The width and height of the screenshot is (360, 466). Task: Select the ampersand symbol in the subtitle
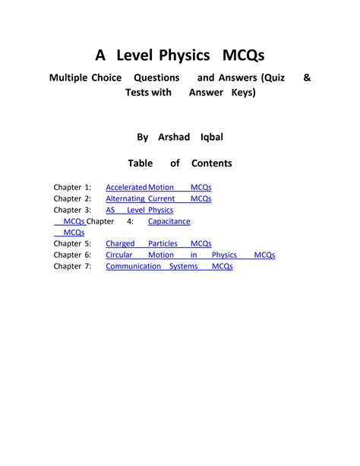click(306, 78)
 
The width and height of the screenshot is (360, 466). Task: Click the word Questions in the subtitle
click(156, 78)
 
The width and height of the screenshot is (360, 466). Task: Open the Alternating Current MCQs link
click(158, 198)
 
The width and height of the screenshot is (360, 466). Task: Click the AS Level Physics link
click(139, 210)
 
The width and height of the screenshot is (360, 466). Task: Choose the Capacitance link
click(169, 221)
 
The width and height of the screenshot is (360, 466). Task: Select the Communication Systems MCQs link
click(169, 267)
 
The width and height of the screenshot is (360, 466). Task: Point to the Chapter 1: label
click(72, 187)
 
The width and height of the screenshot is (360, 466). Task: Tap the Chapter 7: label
click(72, 267)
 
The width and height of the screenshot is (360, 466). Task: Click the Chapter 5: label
click(72, 244)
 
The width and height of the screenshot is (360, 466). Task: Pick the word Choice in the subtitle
click(106, 78)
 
